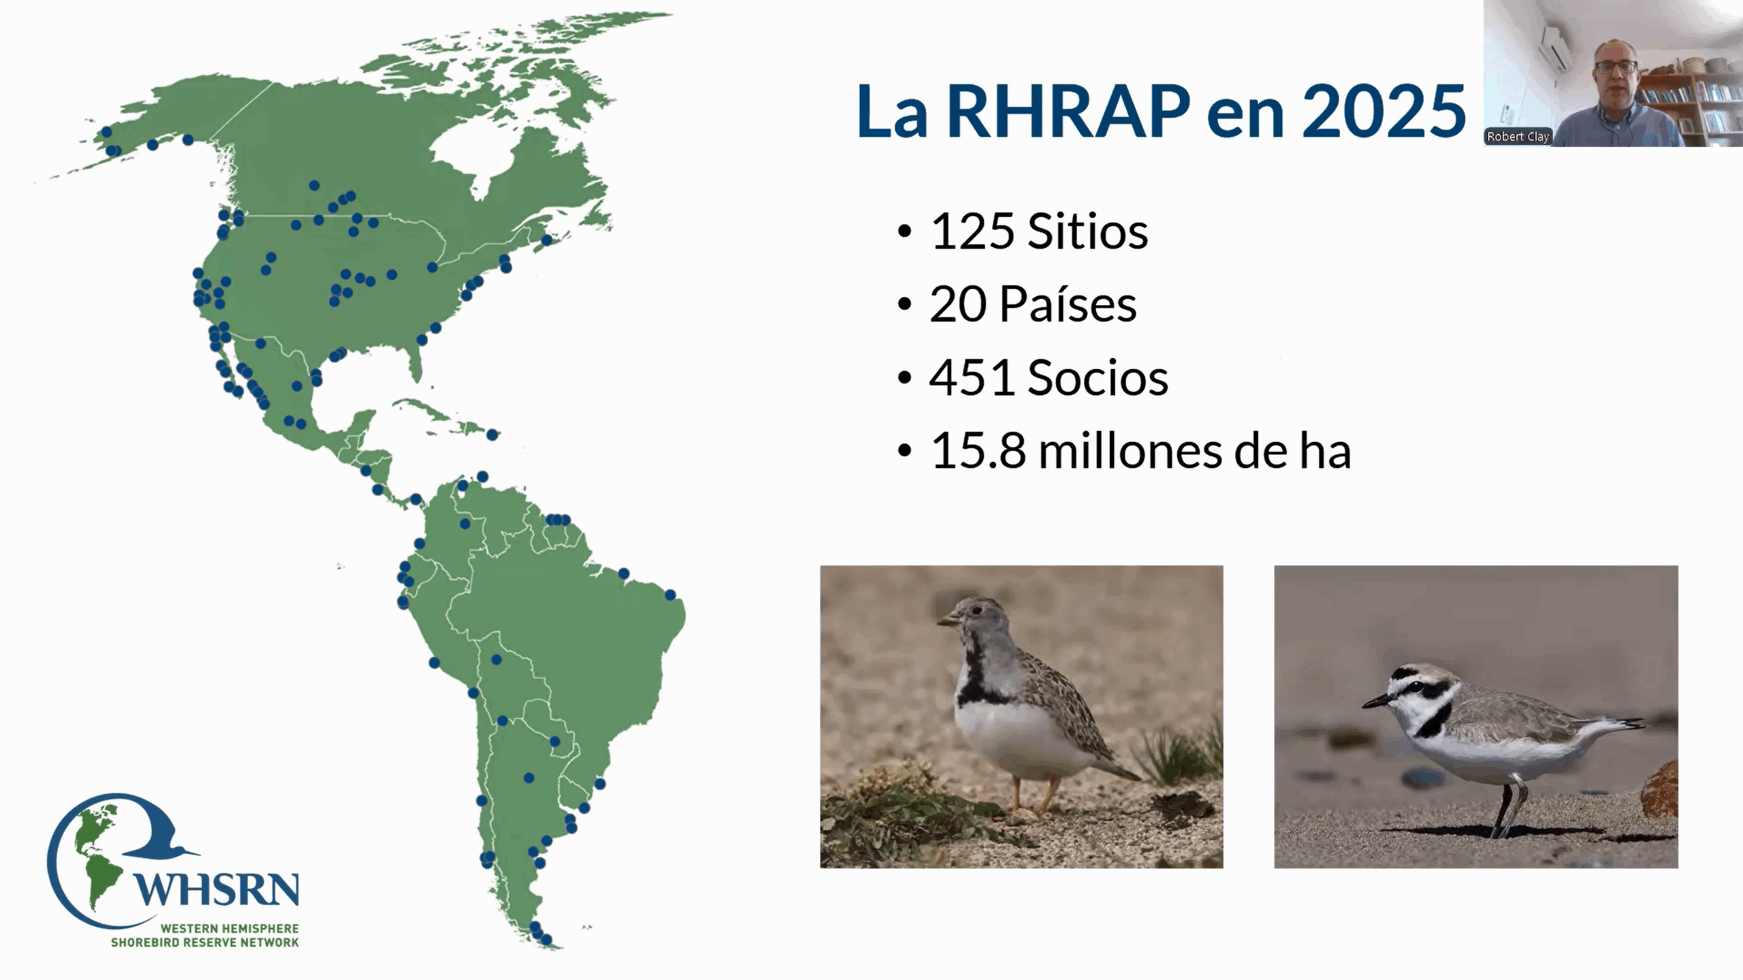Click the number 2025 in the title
pos(1384,111)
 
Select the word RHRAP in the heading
pos(1068,111)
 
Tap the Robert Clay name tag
pos(1518,136)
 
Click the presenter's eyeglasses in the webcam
pos(1614,67)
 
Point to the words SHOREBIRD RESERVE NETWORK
pos(205,943)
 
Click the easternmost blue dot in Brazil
pos(671,595)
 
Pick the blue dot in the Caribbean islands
pos(492,434)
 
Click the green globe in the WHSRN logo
pos(95,851)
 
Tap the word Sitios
pos(1088,232)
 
